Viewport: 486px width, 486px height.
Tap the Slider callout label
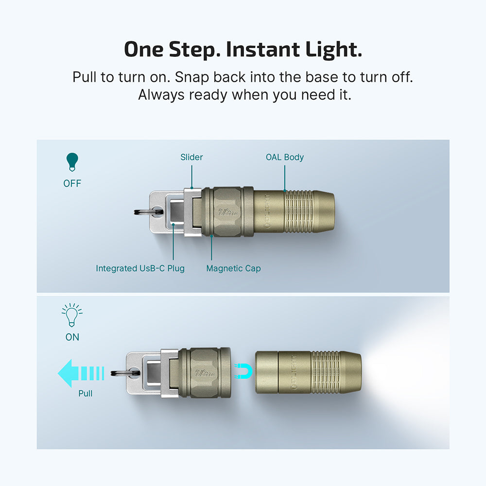191,157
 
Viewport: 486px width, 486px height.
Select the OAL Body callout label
285,157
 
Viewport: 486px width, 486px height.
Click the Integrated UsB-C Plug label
140,268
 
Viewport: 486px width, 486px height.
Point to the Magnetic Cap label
233,268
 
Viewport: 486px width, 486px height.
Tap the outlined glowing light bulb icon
72,315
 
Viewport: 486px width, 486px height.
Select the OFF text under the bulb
72,183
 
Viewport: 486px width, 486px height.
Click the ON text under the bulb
72,337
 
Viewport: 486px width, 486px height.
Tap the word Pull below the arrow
86,393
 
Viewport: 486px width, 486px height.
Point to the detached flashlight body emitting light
308,372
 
